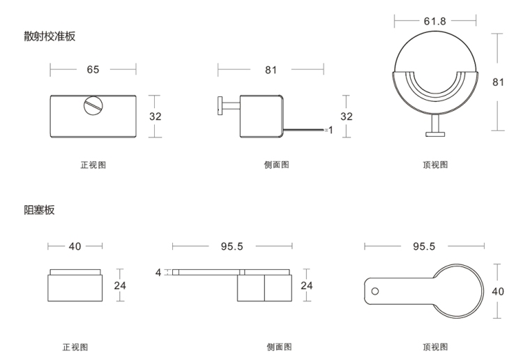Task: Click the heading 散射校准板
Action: [50, 36]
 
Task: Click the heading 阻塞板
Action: [39, 210]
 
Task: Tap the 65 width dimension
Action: [93, 70]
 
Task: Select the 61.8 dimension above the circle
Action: [436, 21]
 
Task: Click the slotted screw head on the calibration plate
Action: [92, 106]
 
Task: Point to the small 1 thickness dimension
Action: [331, 130]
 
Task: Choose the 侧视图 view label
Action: [279, 347]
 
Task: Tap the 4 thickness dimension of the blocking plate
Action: [158, 272]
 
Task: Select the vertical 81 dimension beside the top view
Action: [498, 82]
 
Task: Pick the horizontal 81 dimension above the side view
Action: [271, 70]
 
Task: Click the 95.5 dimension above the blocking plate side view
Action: [232, 246]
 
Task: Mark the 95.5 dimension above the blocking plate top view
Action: [424, 246]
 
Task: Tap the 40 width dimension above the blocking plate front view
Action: [75, 246]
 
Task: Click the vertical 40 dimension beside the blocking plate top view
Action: [497, 291]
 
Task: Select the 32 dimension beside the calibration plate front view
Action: [155, 117]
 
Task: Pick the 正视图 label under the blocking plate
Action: [75, 347]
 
